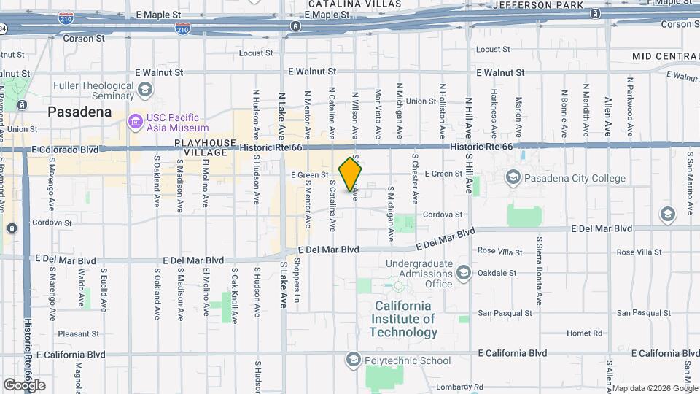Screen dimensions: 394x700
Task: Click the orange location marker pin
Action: click(351, 174)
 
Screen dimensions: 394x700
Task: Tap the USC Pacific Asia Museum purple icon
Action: click(136, 120)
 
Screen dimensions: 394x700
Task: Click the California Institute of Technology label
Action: click(403, 319)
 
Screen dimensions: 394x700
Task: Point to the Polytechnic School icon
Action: click(354, 360)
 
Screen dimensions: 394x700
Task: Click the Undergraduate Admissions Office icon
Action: click(464, 274)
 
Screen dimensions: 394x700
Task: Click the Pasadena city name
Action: click(79, 112)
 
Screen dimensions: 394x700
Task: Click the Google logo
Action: click(24, 385)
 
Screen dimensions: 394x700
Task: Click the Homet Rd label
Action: click(585, 333)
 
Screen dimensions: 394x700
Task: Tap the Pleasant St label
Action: click(78, 334)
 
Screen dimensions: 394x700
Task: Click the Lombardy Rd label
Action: click(459, 387)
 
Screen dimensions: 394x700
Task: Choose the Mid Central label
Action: click(666, 56)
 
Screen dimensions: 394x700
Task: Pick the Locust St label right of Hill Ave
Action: click(493, 50)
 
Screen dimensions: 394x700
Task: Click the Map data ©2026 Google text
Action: click(654, 388)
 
